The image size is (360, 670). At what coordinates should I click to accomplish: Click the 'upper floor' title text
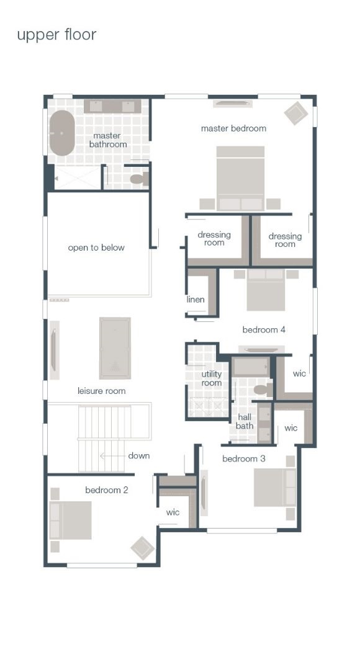[x=56, y=35]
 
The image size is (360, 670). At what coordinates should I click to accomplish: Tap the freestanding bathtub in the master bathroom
[x=61, y=133]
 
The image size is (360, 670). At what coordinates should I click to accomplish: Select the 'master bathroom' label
[x=108, y=140]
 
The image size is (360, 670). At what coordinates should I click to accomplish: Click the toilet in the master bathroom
[x=138, y=179]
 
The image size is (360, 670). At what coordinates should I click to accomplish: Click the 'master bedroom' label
[x=233, y=128]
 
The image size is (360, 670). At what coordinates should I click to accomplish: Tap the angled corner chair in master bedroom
[x=296, y=113]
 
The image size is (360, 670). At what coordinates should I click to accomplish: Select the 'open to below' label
[x=96, y=248]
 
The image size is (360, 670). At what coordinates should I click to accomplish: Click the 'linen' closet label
[x=196, y=300]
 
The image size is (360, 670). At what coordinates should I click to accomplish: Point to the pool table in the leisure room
[x=115, y=348]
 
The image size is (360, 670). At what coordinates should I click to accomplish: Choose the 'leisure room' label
[x=101, y=391]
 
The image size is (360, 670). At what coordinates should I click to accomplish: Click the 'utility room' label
[x=211, y=378]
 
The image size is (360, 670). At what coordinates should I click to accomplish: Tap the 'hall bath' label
[x=245, y=422]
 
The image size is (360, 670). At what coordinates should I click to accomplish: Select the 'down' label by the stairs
[x=139, y=455]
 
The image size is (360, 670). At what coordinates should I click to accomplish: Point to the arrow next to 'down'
[x=112, y=455]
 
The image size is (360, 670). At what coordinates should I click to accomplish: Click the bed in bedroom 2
[x=71, y=520]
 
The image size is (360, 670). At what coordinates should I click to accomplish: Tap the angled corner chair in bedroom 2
[x=142, y=548]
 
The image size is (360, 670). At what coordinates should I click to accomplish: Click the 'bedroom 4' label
[x=264, y=329]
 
